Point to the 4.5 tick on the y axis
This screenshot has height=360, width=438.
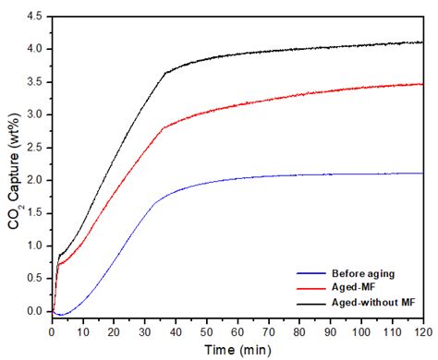37,16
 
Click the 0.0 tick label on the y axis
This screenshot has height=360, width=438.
37,312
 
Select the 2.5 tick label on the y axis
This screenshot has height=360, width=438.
37,148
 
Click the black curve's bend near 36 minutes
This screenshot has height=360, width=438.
164,72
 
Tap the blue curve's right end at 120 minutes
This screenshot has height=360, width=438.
421,174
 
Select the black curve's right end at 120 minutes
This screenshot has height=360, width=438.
421,42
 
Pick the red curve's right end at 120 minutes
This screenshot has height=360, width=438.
421,84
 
